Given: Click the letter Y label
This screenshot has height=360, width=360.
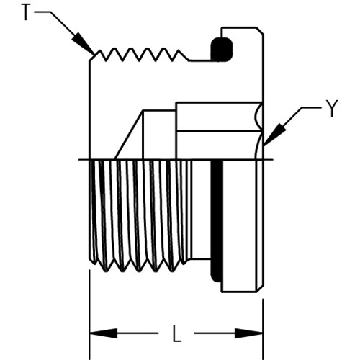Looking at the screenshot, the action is coord(332,108).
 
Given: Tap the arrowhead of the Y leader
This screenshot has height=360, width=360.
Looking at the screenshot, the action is coord(274,135).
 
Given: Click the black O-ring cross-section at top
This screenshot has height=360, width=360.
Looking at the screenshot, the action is coord(222,50).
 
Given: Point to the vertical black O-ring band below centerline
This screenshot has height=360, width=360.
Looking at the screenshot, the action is coord(217,221).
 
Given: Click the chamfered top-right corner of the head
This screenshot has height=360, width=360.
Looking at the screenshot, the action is coord(260,31).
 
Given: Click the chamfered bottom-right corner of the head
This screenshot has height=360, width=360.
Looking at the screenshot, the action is coord(260,289).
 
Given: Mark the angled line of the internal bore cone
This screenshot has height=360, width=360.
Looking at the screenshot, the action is coord(129,135).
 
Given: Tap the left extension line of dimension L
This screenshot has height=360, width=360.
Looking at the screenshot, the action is coord(89,315).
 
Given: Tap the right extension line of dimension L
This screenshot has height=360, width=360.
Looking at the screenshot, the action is coord(263,329).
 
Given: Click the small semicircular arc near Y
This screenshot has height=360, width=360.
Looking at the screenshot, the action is coord(257,117).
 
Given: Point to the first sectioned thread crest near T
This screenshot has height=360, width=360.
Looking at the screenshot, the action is coord(99,50).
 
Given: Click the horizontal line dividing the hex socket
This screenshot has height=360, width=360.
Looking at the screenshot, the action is coord(219,131).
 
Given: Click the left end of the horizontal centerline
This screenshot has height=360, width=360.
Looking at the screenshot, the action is coord(78,159).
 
